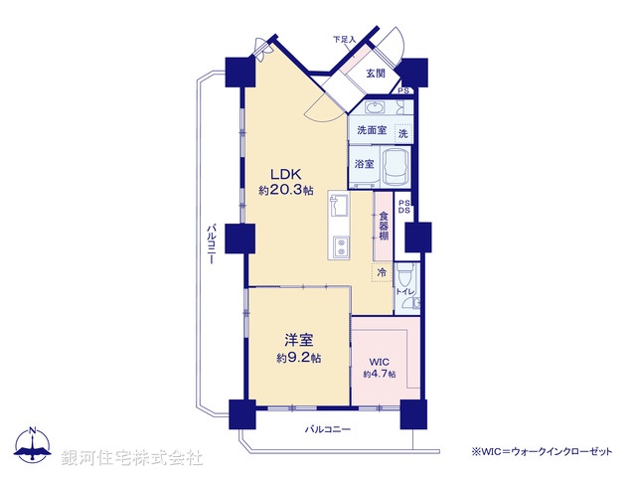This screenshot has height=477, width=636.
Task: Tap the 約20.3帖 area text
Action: [x=286, y=190]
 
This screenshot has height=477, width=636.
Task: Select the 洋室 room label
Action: [x=294, y=338]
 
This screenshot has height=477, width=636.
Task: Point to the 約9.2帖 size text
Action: [x=298, y=357]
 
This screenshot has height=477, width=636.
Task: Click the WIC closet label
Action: [x=379, y=361]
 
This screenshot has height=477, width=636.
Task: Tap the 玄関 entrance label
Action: [x=375, y=73]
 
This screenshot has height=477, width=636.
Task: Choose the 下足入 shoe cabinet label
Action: [x=344, y=40]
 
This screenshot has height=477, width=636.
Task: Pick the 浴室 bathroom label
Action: [x=364, y=164]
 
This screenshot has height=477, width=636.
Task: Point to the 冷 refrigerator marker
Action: [x=382, y=271]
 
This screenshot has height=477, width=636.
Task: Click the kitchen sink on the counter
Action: [x=338, y=207]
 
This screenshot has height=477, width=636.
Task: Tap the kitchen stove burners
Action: [x=339, y=244]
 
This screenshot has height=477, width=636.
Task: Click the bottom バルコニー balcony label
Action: [x=328, y=429]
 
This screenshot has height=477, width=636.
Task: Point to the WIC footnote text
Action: [x=542, y=451]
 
